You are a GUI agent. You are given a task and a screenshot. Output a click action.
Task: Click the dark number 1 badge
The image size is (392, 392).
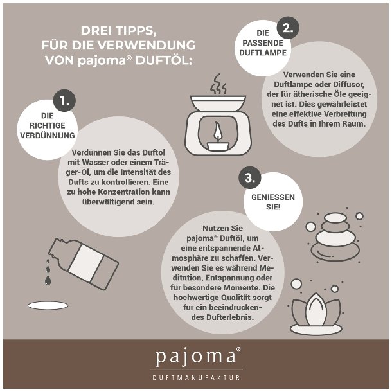tap(64, 100)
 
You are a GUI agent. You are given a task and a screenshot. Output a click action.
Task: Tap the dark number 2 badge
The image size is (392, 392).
tap(288, 28)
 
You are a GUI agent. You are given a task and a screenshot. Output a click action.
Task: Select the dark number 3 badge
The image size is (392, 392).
tap(250, 178)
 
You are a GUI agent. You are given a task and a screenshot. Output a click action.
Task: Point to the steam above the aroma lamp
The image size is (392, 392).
tap(218, 84)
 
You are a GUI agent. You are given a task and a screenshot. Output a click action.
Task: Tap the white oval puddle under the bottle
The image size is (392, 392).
tap(48, 305)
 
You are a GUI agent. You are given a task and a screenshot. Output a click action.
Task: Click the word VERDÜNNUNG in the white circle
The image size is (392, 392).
tap(48, 136)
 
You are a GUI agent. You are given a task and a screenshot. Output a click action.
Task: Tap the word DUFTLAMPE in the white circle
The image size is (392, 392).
tap(263, 53)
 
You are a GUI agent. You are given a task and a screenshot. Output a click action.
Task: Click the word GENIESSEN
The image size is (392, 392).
tap(273, 197)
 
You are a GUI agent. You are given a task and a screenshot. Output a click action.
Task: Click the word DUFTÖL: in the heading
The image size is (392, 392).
tap(164, 60)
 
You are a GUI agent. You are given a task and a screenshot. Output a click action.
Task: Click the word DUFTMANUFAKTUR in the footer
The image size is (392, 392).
tap(196, 377)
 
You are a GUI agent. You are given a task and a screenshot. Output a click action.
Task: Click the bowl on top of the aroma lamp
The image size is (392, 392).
tap(218, 103)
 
